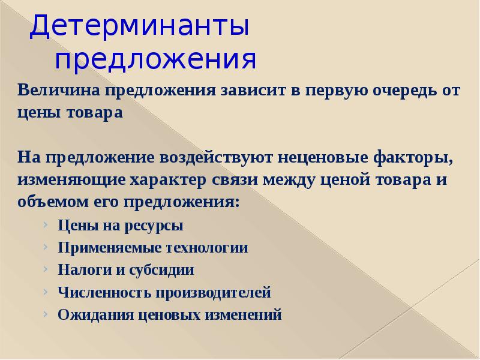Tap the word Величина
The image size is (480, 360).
pos(58,91)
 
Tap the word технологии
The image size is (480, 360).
pos(203,248)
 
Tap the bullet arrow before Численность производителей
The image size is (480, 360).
pos(46,292)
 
